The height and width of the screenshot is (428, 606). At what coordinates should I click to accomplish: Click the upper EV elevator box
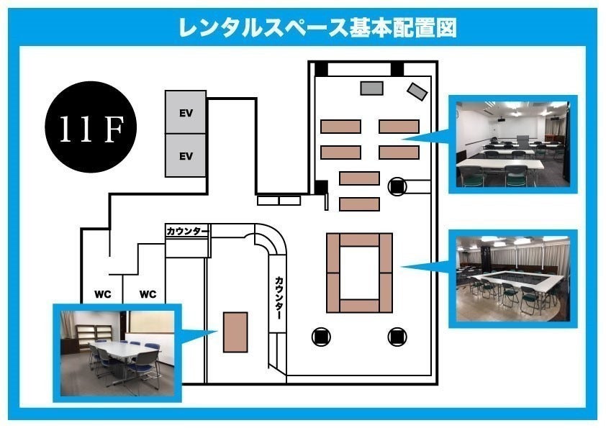tap(186, 112)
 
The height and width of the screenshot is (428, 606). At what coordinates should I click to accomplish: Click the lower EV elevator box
tap(186, 155)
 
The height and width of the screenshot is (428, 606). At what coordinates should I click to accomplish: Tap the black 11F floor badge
tap(91, 127)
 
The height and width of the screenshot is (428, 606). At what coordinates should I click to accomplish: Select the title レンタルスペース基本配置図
tap(317, 27)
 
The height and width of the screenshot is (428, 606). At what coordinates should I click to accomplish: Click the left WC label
tap(102, 294)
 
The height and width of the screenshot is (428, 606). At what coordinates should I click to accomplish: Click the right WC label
tap(148, 294)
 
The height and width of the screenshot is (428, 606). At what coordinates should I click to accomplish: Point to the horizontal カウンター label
tap(188, 231)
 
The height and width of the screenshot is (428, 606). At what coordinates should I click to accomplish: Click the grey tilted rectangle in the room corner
tap(417, 91)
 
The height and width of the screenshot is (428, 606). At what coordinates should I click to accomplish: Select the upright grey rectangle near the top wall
tap(372, 88)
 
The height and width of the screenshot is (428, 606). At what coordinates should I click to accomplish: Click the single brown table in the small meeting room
tap(235, 332)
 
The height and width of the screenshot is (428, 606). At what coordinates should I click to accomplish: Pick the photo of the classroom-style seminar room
tap(513, 144)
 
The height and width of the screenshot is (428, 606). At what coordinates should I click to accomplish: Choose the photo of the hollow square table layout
tap(513, 279)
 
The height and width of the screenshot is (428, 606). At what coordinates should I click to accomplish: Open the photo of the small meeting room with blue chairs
tap(117, 353)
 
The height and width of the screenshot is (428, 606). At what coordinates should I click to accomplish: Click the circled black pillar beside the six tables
tap(397, 186)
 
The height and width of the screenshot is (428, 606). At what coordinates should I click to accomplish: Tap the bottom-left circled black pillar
tap(321, 337)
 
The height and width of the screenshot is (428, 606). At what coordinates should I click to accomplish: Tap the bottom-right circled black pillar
tap(397, 337)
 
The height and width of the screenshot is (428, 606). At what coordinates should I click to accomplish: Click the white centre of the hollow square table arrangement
tap(359, 273)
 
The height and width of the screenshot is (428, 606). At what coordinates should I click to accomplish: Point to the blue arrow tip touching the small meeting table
tap(218, 332)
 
